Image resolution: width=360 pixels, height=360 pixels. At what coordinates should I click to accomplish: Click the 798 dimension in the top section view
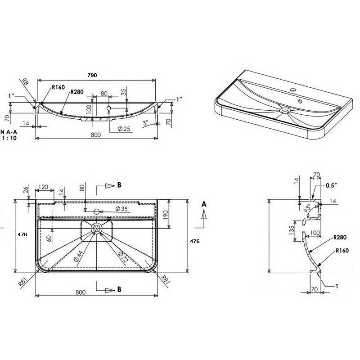[x=92, y=75]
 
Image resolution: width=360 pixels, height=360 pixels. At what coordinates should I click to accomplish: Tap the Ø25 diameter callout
[x=124, y=129]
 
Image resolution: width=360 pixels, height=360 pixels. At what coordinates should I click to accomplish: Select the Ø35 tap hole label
[x=121, y=209]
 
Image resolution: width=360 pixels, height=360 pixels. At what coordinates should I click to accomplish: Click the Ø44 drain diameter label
[x=78, y=256]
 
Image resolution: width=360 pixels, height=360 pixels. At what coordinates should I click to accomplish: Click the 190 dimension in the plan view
[x=166, y=215]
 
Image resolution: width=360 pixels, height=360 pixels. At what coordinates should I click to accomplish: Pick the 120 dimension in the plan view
[x=43, y=187]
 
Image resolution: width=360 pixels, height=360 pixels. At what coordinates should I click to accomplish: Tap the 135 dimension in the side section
[x=292, y=230]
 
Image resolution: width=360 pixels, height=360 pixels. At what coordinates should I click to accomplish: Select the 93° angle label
[x=307, y=209]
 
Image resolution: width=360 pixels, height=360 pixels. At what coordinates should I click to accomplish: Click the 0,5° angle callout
[x=331, y=185]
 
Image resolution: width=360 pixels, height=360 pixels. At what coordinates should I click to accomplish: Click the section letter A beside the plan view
[x=204, y=204]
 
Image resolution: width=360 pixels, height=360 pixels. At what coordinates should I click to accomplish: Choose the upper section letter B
[x=119, y=185]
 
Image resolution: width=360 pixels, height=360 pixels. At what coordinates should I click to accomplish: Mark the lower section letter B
[x=119, y=289]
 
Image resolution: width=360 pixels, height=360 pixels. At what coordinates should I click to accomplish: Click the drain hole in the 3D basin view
[x=285, y=111]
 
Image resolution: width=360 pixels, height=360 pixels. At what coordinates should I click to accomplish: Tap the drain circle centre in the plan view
[x=96, y=229]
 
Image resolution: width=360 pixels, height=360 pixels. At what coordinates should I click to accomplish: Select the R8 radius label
[x=25, y=82]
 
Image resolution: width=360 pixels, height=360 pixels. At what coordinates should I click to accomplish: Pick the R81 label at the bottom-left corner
[x=23, y=282]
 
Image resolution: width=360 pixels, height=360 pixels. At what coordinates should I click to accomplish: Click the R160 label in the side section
[x=342, y=250]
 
